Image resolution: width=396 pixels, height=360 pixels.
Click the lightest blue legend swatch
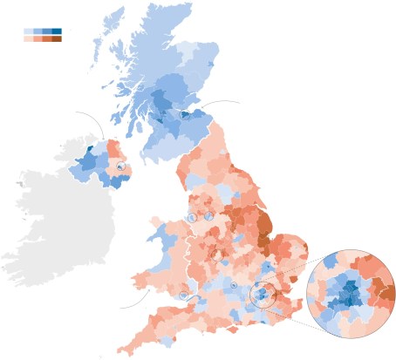tap(28, 31)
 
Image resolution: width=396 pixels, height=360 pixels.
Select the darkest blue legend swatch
tap(57, 31)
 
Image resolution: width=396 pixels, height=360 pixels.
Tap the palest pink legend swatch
tap(28, 38)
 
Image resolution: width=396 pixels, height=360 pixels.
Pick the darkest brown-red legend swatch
tap(57, 38)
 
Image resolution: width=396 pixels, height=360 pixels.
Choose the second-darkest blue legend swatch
tap(47, 31)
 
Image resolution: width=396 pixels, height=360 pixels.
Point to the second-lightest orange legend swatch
tap(38, 38)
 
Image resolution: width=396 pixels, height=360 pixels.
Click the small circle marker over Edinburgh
tap(185, 113)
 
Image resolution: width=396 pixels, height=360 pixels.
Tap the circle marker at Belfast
tap(121, 166)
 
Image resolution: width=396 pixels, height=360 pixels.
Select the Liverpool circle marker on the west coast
tap(191, 217)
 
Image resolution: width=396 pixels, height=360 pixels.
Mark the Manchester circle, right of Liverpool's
tap(210, 215)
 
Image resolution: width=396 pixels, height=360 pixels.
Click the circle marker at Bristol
tap(183, 295)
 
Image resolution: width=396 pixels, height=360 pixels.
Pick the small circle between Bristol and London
tap(234, 286)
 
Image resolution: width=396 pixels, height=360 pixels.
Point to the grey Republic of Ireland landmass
tap(61, 218)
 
